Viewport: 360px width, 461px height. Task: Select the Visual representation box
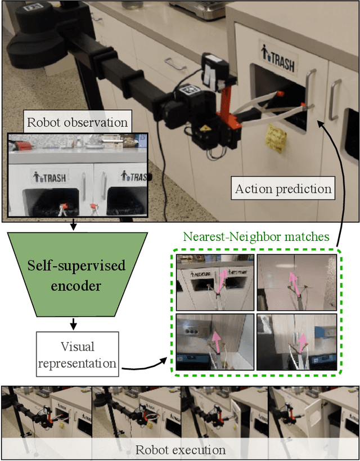tap(77, 353)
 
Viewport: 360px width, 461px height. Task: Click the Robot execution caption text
tap(180, 450)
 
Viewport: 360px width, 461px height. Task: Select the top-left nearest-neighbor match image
tap(214, 281)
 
